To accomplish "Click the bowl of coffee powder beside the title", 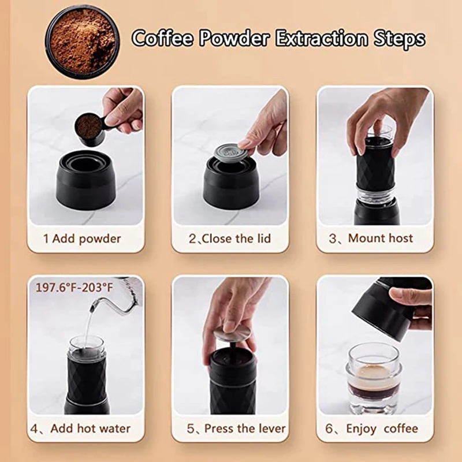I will [x=81, y=41].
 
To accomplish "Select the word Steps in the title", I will [x=398, y=39].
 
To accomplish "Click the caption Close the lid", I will [x=229, y=239].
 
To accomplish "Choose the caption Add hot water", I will [x=81, y=429].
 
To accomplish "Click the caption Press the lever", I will [x=236, y=429].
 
